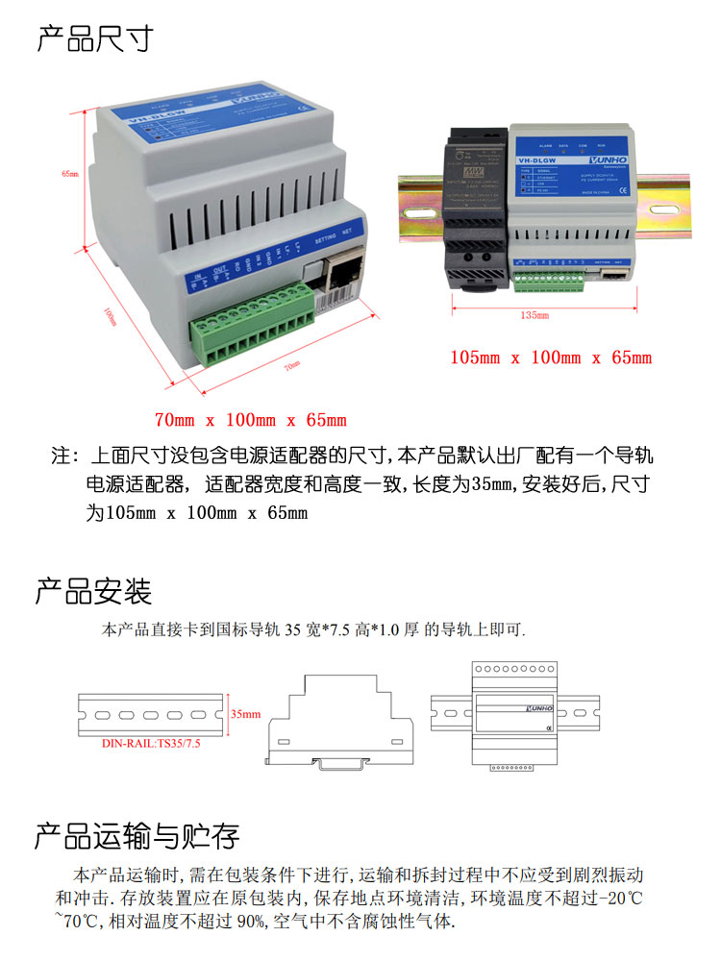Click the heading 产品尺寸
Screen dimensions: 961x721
point(94,39)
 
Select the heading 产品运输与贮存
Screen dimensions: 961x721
point(137,836)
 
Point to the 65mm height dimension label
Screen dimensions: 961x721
point(68,174)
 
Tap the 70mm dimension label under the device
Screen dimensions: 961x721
point(291,364)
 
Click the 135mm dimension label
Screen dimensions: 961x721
point(535,315)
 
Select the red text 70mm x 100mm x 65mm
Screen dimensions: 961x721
point(250,420)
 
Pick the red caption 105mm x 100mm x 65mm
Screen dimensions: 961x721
point(551,357)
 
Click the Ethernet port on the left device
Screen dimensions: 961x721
point(343,276)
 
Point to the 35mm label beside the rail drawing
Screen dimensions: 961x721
point(245,715)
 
